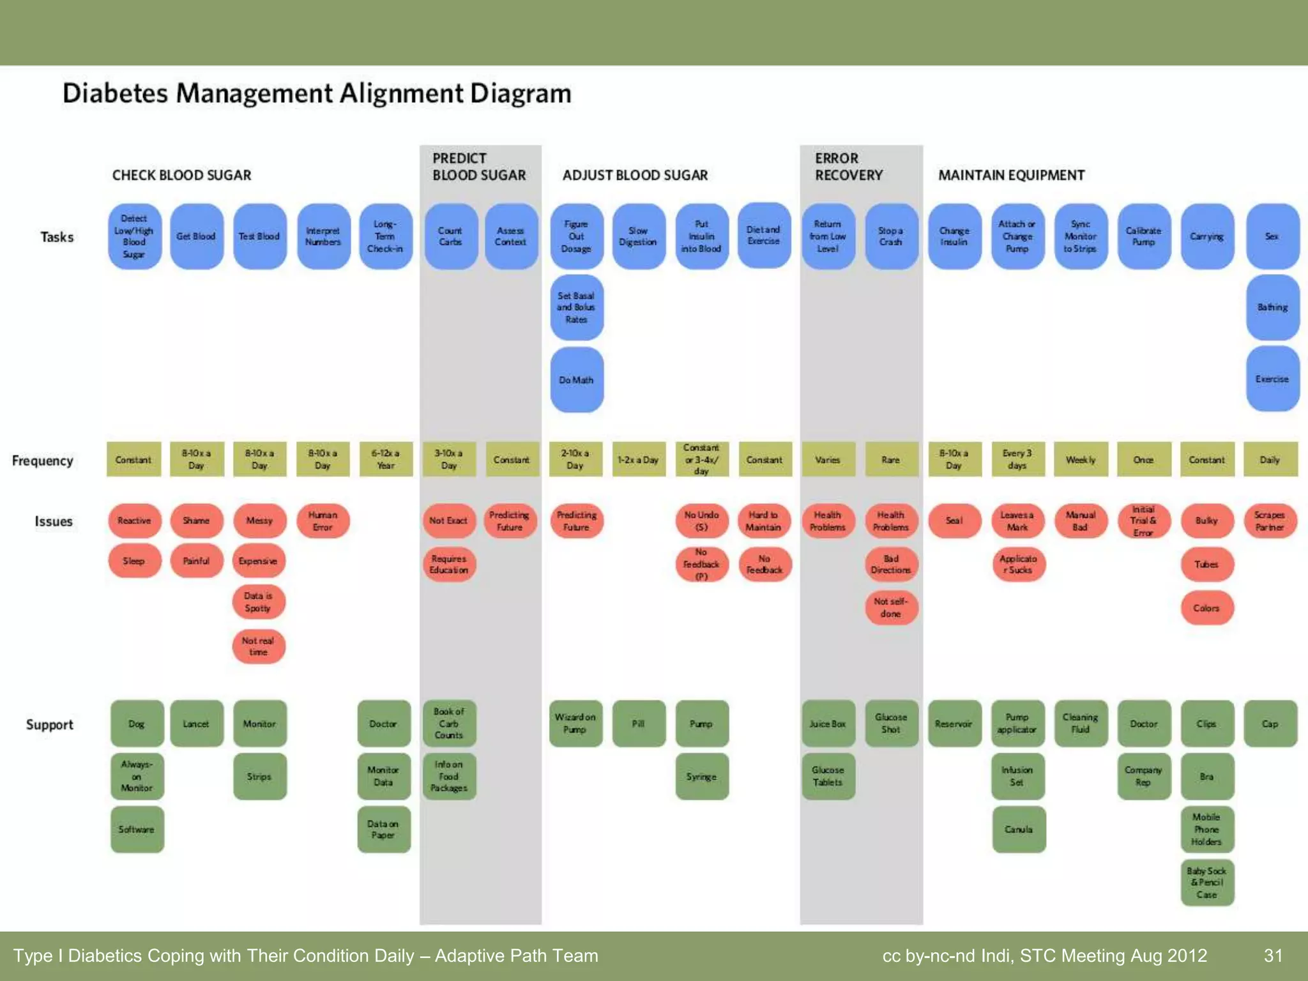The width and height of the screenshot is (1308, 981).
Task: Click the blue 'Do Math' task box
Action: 577,379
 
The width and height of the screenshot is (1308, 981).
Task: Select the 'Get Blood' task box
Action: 196,236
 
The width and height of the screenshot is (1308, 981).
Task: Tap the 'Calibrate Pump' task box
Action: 1143,236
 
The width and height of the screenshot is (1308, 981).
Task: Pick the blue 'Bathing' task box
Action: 1272,307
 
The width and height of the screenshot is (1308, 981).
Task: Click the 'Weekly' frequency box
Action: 1080,459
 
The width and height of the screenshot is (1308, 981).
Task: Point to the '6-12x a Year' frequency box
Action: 386,459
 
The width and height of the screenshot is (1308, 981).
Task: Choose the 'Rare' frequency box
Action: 891,459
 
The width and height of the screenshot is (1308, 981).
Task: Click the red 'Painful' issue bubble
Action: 196,561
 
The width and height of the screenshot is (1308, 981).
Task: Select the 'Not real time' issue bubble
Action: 258,646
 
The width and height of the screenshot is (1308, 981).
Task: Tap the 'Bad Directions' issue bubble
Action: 891,564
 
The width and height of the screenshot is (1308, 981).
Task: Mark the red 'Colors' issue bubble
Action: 1206,607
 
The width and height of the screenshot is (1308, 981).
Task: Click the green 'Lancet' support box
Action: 196,724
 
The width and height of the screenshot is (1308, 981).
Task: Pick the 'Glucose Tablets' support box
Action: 828,776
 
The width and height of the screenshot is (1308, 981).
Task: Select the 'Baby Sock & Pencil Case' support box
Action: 1206,883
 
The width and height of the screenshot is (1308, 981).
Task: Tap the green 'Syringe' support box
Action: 701,776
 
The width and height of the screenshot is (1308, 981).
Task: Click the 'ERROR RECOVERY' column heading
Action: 848,167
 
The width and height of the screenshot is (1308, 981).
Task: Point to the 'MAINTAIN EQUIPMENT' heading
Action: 1011,175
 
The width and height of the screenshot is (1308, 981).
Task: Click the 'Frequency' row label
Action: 42,460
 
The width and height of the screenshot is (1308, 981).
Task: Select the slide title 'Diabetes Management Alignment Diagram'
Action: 317,93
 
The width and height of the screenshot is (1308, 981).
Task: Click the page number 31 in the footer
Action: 1273,955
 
